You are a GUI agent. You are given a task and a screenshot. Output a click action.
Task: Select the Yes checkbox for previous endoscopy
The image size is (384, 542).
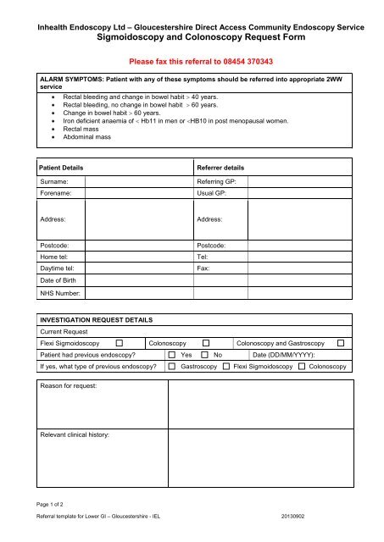click(172, 355)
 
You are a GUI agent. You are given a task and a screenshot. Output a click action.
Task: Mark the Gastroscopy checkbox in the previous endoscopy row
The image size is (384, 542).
click(172, 368)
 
